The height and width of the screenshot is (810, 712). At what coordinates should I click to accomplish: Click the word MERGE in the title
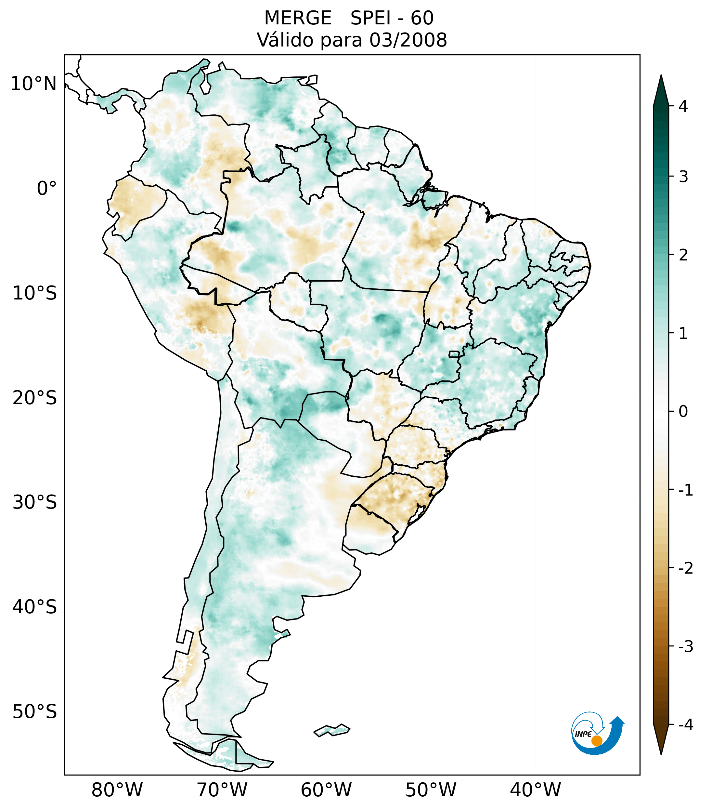click(x=297, y=18)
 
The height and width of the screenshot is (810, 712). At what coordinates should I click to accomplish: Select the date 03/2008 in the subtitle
click(x=408, y=40)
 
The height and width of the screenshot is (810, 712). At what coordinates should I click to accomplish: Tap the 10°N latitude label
click(x=34, y=84)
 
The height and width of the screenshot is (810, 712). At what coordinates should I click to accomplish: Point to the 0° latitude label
click(x=47, y=189)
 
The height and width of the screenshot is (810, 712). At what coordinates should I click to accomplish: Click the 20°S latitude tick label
click(x=35, y=398)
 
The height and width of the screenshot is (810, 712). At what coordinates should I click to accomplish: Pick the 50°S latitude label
click(x=35, y=712)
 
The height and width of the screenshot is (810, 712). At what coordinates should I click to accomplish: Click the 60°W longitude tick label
click(x=326, y=790)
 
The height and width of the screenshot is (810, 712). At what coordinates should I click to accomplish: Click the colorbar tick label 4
click(x=683, y=106)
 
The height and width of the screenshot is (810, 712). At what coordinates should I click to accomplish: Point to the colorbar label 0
click(x=683, y=412)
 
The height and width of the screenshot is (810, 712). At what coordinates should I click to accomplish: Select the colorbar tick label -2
click(x=685, y=568)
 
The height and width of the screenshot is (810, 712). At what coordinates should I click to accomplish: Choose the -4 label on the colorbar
click(x=685, y=725)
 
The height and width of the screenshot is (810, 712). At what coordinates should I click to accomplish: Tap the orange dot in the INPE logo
click(x=597, y=741)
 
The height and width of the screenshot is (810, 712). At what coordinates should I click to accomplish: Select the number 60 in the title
click(x=422, y=18)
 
